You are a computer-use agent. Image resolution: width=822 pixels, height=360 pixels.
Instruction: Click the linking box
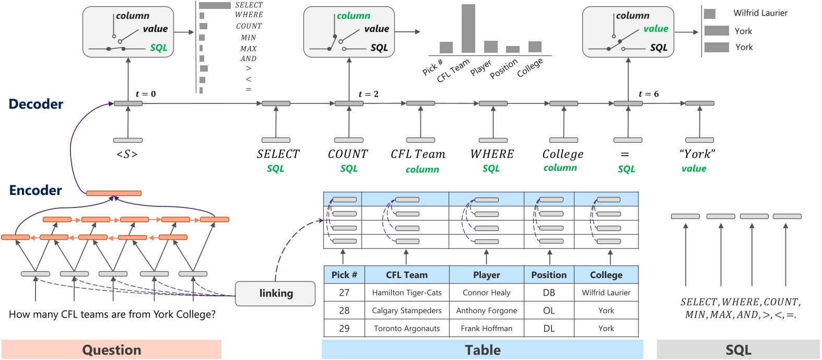[275, 294]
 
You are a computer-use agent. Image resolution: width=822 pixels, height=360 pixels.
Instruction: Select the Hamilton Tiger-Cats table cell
[407, 293]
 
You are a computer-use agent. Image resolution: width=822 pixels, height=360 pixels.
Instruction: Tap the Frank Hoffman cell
[486, 329]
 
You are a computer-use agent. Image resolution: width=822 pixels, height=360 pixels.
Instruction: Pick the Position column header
[549, 275]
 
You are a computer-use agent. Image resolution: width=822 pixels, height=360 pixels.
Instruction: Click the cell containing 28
[344, 310]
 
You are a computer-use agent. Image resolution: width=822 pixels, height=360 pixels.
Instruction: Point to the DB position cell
[549, 293]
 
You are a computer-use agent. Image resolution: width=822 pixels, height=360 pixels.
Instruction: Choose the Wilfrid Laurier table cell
[606, 293]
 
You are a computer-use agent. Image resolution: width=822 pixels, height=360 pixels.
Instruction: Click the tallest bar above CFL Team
[468, 28]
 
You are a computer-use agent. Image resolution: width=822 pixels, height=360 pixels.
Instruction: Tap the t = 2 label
[368, 94]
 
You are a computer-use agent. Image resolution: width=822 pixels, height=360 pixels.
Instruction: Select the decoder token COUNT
[348, 154]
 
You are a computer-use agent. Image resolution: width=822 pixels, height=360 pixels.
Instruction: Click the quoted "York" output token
[697, 154]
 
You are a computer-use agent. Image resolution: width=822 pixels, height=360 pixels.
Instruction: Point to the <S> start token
[127, 154]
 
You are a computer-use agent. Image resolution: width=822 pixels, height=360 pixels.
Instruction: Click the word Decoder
[36, 104]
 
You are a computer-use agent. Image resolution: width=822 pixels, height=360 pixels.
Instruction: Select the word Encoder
[36, 190]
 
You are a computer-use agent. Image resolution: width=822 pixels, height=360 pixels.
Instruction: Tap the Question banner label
[112, 350]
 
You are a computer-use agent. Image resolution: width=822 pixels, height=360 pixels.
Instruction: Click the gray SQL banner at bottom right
[738, 350]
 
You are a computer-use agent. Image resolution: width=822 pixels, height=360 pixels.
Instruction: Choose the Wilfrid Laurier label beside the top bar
[760, 13]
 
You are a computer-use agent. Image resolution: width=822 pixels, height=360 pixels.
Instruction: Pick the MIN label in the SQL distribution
[249, 38]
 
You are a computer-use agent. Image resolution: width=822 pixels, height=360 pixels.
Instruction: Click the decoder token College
[562, 154]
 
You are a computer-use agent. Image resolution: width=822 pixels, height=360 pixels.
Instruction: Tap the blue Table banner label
[483, 350]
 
